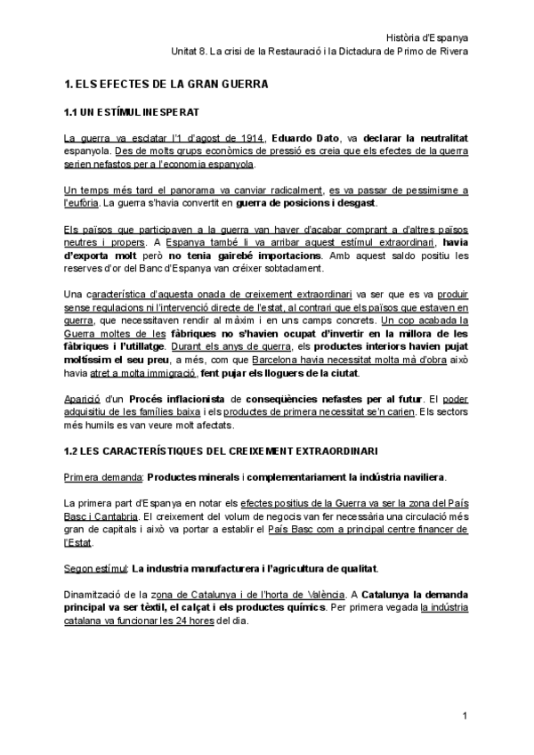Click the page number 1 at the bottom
point(465,717)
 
